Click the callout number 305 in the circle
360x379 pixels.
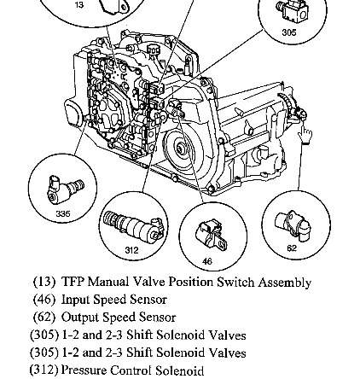289,32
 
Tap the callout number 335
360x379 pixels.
63,213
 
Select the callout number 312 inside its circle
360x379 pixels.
131,250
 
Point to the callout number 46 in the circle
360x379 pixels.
207,261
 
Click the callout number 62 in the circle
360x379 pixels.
292,248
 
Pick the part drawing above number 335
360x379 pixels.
66,189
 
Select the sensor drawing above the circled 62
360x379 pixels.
293,225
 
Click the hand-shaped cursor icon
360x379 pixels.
305,136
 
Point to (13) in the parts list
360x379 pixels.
44,282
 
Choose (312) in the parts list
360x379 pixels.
44,370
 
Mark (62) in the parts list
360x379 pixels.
44,317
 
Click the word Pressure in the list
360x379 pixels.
84,370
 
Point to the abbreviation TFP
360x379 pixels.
73,282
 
